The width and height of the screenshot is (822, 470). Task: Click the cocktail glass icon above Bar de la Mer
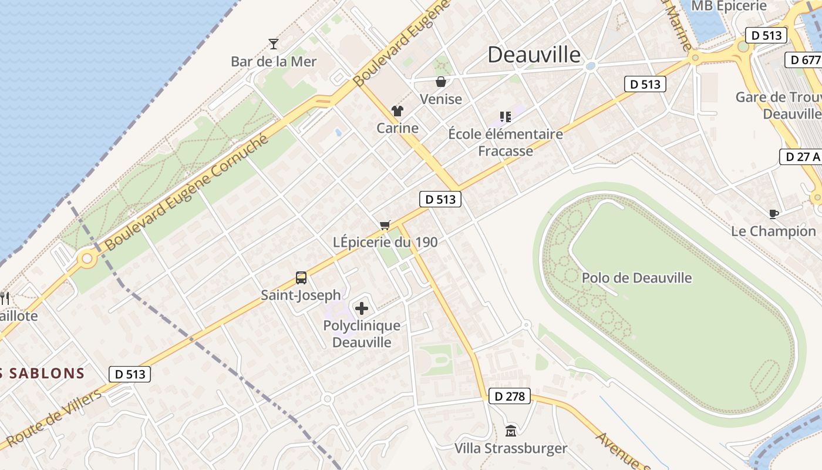click(273, 43)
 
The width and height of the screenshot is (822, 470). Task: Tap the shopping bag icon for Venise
click(441, 82)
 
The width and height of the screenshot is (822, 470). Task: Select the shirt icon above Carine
click(397, 111)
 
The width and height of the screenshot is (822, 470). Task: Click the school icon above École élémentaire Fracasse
click(505, 117)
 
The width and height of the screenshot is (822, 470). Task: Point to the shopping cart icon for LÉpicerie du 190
click(385, 225)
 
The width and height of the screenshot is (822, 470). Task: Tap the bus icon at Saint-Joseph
click(301, 278)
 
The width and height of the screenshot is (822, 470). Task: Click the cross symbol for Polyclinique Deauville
click(362, 308)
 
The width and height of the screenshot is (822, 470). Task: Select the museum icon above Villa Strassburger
click(511, 431)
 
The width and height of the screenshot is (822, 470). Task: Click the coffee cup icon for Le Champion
click(773, 214)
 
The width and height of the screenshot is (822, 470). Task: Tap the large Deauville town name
click(534, 55)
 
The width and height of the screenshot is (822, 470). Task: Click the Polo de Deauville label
click(636, 278)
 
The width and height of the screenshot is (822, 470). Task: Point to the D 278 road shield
click(509, 396)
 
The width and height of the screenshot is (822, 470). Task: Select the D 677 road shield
click(804, 60)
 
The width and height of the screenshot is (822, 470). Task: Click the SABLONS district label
click(44, 373)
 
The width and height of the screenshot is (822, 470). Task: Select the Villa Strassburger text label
click(511, 449)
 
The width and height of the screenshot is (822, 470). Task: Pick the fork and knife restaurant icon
click(5, 298)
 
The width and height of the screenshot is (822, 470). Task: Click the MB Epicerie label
click(729, 6)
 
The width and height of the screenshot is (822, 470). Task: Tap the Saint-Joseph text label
click(301, 295)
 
